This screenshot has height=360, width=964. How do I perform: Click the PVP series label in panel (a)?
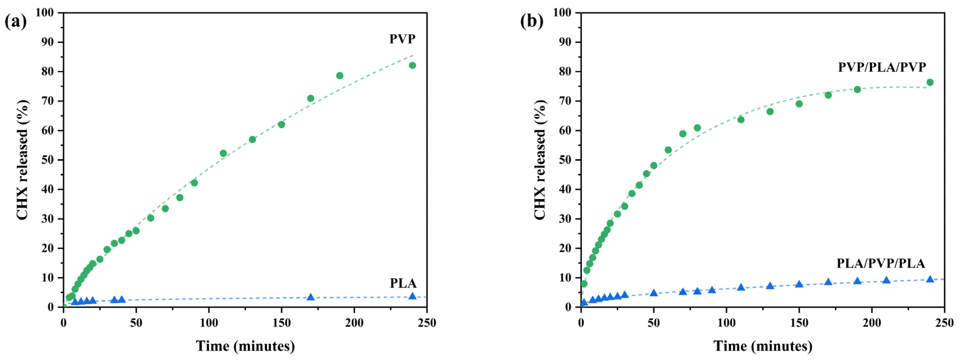tap(402, 39)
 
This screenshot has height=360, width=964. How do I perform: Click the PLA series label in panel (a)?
tap(403, 283)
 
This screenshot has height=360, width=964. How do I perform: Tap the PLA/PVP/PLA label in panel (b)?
tap(880, 263)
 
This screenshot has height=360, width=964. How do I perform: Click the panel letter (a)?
tap(16, 21)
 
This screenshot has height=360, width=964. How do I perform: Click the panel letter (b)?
tap(531, 21)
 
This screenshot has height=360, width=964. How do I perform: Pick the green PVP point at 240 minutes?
tap(412, 65)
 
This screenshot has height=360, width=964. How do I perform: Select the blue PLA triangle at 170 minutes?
tap(311, 297)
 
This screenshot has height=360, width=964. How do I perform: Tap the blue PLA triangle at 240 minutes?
tap(412, 296)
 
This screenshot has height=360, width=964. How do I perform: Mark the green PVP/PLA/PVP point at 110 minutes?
tap(741, 120)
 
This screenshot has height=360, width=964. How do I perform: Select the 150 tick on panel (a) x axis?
tap(281, 322)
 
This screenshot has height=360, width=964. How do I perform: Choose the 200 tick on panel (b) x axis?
tap(871, 322)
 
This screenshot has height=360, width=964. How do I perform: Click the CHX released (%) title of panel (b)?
tap(540, 160)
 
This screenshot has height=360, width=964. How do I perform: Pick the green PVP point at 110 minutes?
tap(223, 153)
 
